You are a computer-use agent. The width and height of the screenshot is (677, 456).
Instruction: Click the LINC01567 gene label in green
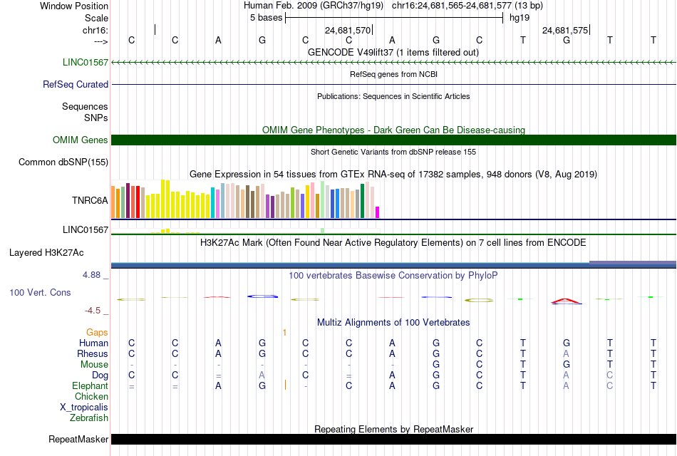pyautogui.click(x=86, y=62)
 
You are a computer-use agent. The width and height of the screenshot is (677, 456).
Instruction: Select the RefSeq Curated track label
pyautogui.click(x=76, y=84)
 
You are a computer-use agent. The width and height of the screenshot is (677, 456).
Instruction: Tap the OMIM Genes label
pyautogui.click(x=81, y=140)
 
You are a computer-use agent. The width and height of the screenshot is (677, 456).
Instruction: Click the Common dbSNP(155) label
pyautogui.click(x=63, y=162)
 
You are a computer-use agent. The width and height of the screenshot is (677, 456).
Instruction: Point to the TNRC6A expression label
pyautogui.click(x=90, y=200)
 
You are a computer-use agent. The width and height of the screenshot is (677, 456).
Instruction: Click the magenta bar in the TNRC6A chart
pyautogui.click(x=378, y=212)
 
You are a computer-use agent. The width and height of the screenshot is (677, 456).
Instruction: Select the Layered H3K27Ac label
pyautogui.click(x=46, y=253)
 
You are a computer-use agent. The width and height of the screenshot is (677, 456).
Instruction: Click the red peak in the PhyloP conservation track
pyautogui.click(x=566, y=301)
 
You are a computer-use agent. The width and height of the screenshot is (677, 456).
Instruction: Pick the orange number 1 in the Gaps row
pyautogui.click(x=284, y=332)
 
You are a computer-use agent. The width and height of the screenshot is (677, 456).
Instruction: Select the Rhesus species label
pyautogui.click(x=93, y=353)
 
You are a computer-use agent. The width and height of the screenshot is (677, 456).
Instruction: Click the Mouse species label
pyautogui.click(x=95, y=365)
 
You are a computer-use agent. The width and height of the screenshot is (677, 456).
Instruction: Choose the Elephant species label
pyautogui.click(x=91, y=385)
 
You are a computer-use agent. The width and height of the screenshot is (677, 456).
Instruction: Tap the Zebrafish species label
pyautogui.click(x=89, y=418)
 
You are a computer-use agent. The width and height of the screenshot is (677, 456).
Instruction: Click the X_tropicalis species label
pyautogui.click(x=84, y=408)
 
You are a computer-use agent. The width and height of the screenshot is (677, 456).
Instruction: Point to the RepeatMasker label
pyautogui.click(x=78, y=439)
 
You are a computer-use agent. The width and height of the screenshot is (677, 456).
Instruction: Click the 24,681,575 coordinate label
pyautogui.click(x=565, y=30)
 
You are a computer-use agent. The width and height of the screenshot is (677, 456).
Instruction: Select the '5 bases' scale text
pyautogui.click(x=266, y=18)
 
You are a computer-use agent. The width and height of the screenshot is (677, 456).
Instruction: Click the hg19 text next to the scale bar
pyautogui.click(x=520, y=18)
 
